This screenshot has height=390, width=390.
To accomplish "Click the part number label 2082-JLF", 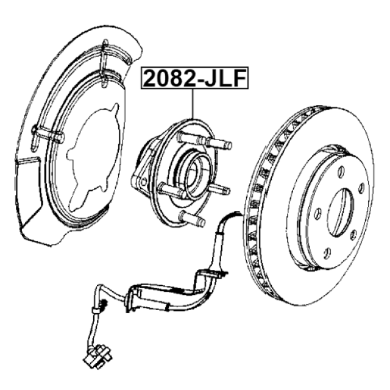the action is pos(195,78).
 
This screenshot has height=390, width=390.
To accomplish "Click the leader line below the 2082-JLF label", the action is pos(193,104).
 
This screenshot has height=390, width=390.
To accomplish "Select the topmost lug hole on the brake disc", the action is pos(341,172).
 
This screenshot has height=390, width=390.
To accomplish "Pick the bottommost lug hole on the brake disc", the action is pos(327,253).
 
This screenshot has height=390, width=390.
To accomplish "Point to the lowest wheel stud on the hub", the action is pos(193,218).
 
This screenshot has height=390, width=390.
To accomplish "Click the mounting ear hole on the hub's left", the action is pos(144,182).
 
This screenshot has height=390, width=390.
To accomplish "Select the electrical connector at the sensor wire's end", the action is pos(97,355).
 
